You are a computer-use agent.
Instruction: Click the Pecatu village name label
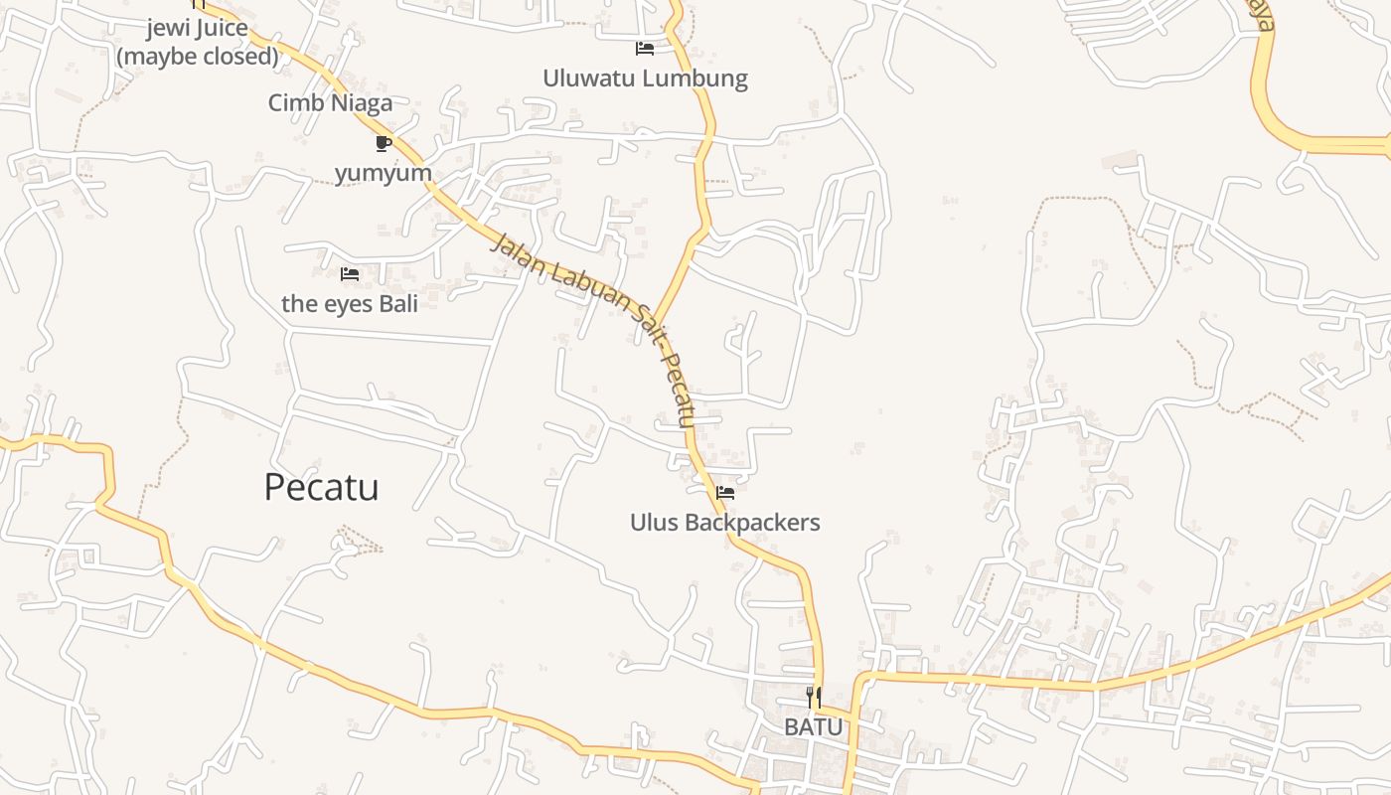click(321, 488)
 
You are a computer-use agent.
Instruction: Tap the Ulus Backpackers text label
click(724, 523)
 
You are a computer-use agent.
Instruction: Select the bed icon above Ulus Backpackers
click(725, 492)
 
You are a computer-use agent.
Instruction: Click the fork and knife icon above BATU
click(814, 698)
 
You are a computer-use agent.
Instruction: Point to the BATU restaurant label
click(813, 727)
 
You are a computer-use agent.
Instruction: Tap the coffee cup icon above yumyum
click(384, 143)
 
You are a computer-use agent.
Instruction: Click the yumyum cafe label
click(384, 174)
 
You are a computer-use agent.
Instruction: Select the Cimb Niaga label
click(330, 102)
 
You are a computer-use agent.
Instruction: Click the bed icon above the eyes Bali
click(350, 273)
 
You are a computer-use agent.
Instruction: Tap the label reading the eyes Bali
click(349, 303)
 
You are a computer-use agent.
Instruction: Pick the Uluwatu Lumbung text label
click(645, 79)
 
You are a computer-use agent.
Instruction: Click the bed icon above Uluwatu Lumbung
click(645, 48)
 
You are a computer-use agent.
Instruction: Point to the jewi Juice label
click(197, 28)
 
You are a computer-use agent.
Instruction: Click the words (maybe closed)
click(198, 57)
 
